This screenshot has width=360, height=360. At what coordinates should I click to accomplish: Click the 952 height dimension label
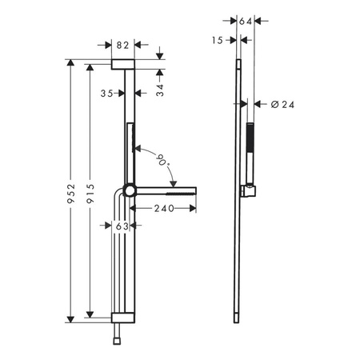71,194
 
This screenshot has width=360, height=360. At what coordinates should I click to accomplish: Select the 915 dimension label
90,194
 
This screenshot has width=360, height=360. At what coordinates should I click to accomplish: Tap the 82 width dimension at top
122,46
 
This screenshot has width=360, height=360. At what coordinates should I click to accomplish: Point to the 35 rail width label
106,94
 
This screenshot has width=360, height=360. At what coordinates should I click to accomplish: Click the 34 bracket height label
160,90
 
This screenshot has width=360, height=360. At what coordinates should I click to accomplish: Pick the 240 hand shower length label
164,208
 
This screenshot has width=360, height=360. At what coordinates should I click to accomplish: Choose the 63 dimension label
122,226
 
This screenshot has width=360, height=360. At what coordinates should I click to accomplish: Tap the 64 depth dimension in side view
246,21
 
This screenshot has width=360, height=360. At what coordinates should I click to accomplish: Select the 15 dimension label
218,40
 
